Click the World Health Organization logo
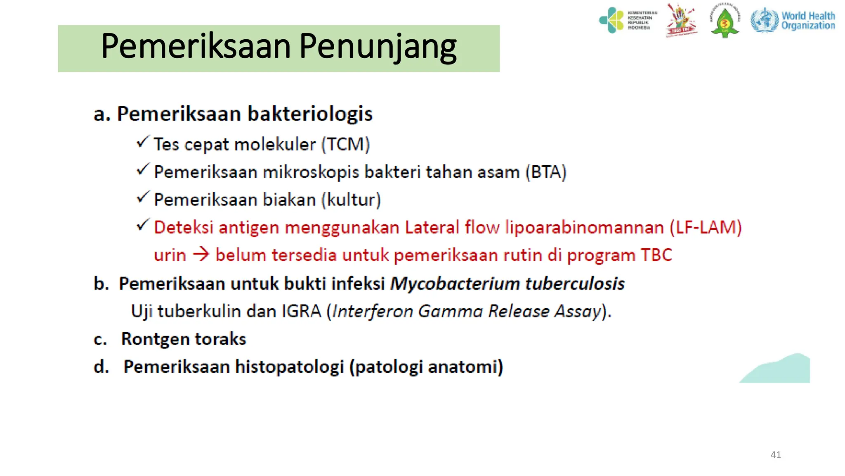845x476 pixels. click(793, 20)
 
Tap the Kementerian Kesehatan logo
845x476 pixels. click(627, 20)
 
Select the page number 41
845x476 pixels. click(776, 455)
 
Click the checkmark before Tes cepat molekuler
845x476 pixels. click(142, 143)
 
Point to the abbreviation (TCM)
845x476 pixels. click(345, 145)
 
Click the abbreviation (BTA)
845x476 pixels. click(546, 172)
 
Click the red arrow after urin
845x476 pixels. click(201, 255)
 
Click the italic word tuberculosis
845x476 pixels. click(575, 284)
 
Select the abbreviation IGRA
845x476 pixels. click(301, 311)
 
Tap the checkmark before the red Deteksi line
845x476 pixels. click(142, 226)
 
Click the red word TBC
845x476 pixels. click(656, 255)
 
